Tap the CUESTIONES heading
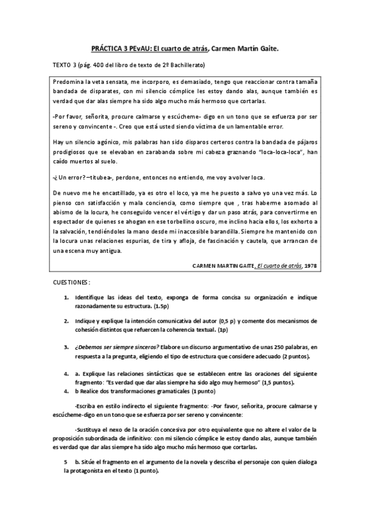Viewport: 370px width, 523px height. pos(72,282)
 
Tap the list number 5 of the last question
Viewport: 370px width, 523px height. pos(66,462)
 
